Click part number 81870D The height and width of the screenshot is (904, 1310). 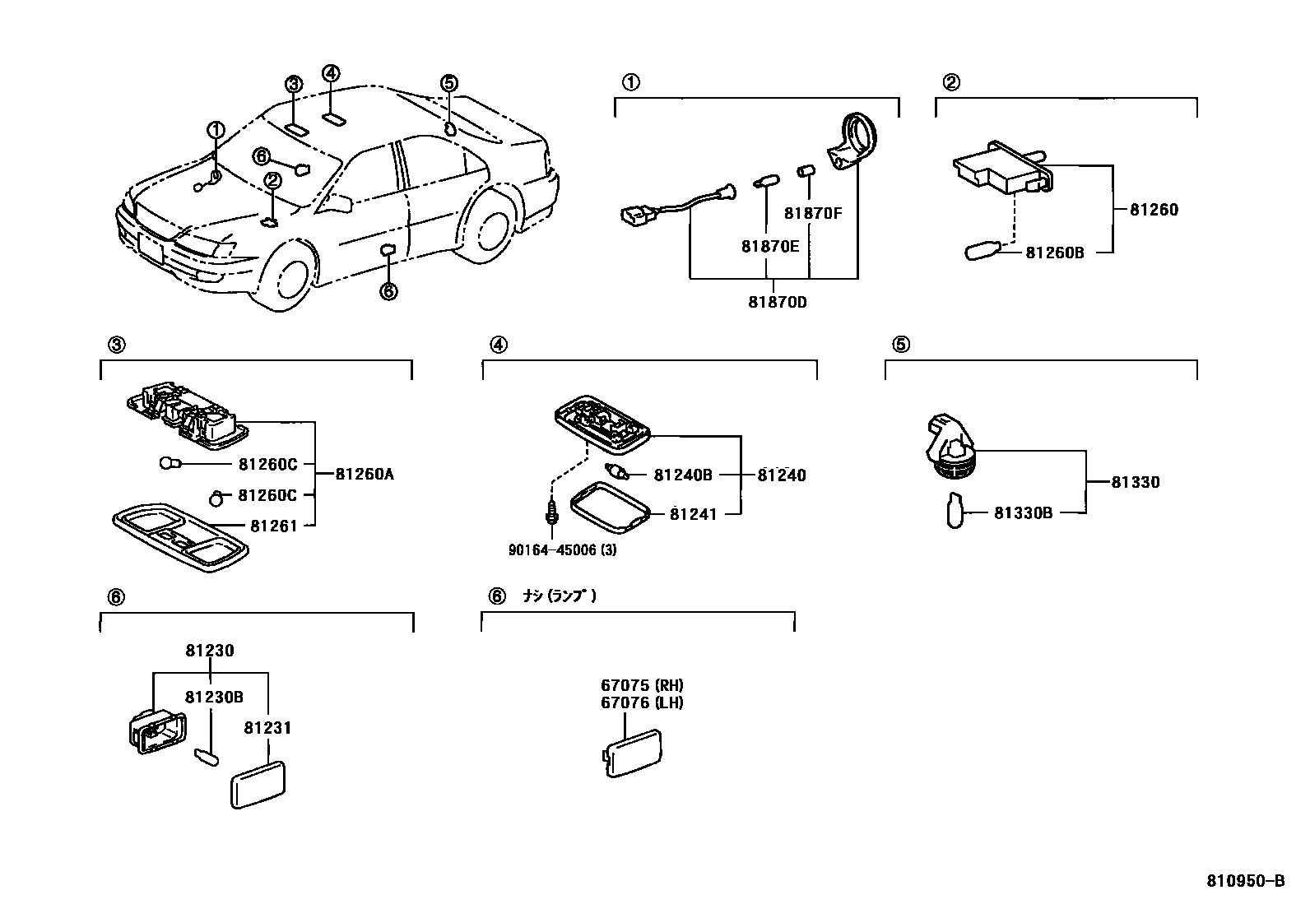point(777,302)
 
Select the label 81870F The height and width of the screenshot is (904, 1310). point(813,213)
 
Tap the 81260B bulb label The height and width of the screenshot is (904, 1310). point(1054,253)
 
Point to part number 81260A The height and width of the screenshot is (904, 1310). point(365,474)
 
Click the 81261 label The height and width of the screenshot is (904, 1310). point(273,526)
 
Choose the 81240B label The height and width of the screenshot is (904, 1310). point(682,475)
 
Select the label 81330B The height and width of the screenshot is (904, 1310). point(1023,513)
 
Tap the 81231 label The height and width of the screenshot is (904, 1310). point(267,728)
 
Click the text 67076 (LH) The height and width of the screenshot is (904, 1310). point(642,702)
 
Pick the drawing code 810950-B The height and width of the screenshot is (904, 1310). point(1245,881)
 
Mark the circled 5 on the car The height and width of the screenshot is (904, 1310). point(448,82)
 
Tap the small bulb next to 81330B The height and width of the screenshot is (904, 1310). point(954,510)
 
